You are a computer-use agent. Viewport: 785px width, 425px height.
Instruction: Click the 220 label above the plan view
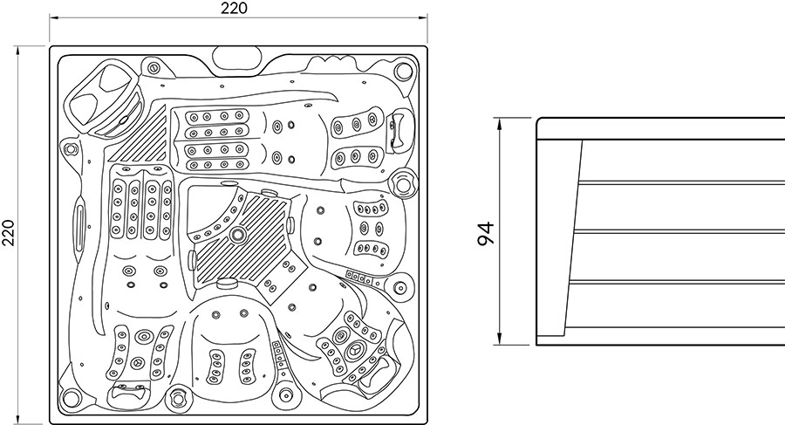coord(235,8)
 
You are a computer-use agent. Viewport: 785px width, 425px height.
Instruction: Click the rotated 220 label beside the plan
coord(9,232)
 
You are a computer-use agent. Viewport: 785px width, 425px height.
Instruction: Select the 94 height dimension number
coord(485,233)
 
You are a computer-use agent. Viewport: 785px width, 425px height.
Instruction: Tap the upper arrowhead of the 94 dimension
coord(499,124)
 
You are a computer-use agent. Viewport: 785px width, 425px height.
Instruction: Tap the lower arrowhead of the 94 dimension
coord(499,339)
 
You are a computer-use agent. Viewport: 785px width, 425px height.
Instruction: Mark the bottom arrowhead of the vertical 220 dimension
coord(18,419)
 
